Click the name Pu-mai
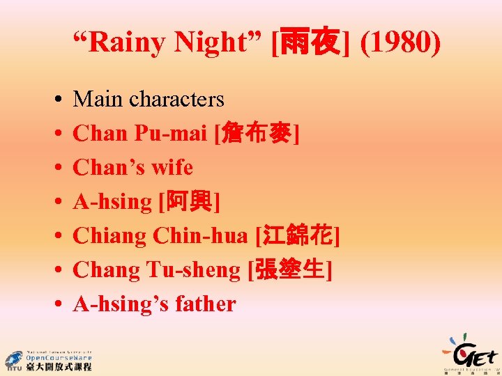pos(174,134)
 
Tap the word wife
pos(171,168)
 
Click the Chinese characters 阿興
pos(189,202)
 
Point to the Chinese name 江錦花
pos(298,236)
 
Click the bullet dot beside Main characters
pos(54,100)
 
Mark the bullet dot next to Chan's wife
pos(54,169)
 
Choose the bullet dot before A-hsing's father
pos(54,305)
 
